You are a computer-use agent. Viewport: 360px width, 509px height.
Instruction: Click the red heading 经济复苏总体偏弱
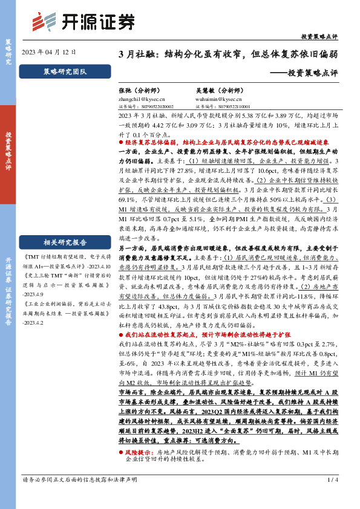(151, 142)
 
